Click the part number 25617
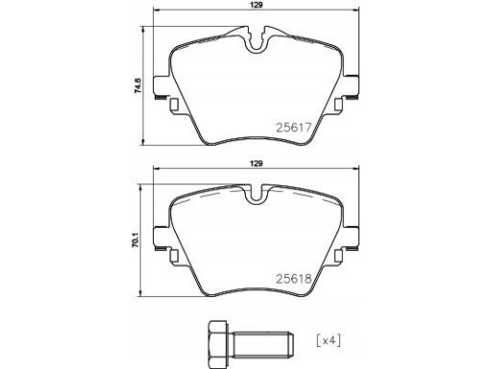click(x=294, y=128)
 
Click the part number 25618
click(x=294, y=279)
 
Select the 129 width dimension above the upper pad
click(x=257, y=5)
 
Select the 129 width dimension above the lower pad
click(x=257, y=163)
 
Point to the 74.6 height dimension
click(x=137, y=86)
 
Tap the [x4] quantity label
click(x=329, y=340)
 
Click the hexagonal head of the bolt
click(x=218, y=340)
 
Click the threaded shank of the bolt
click(x=261, y=340)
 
